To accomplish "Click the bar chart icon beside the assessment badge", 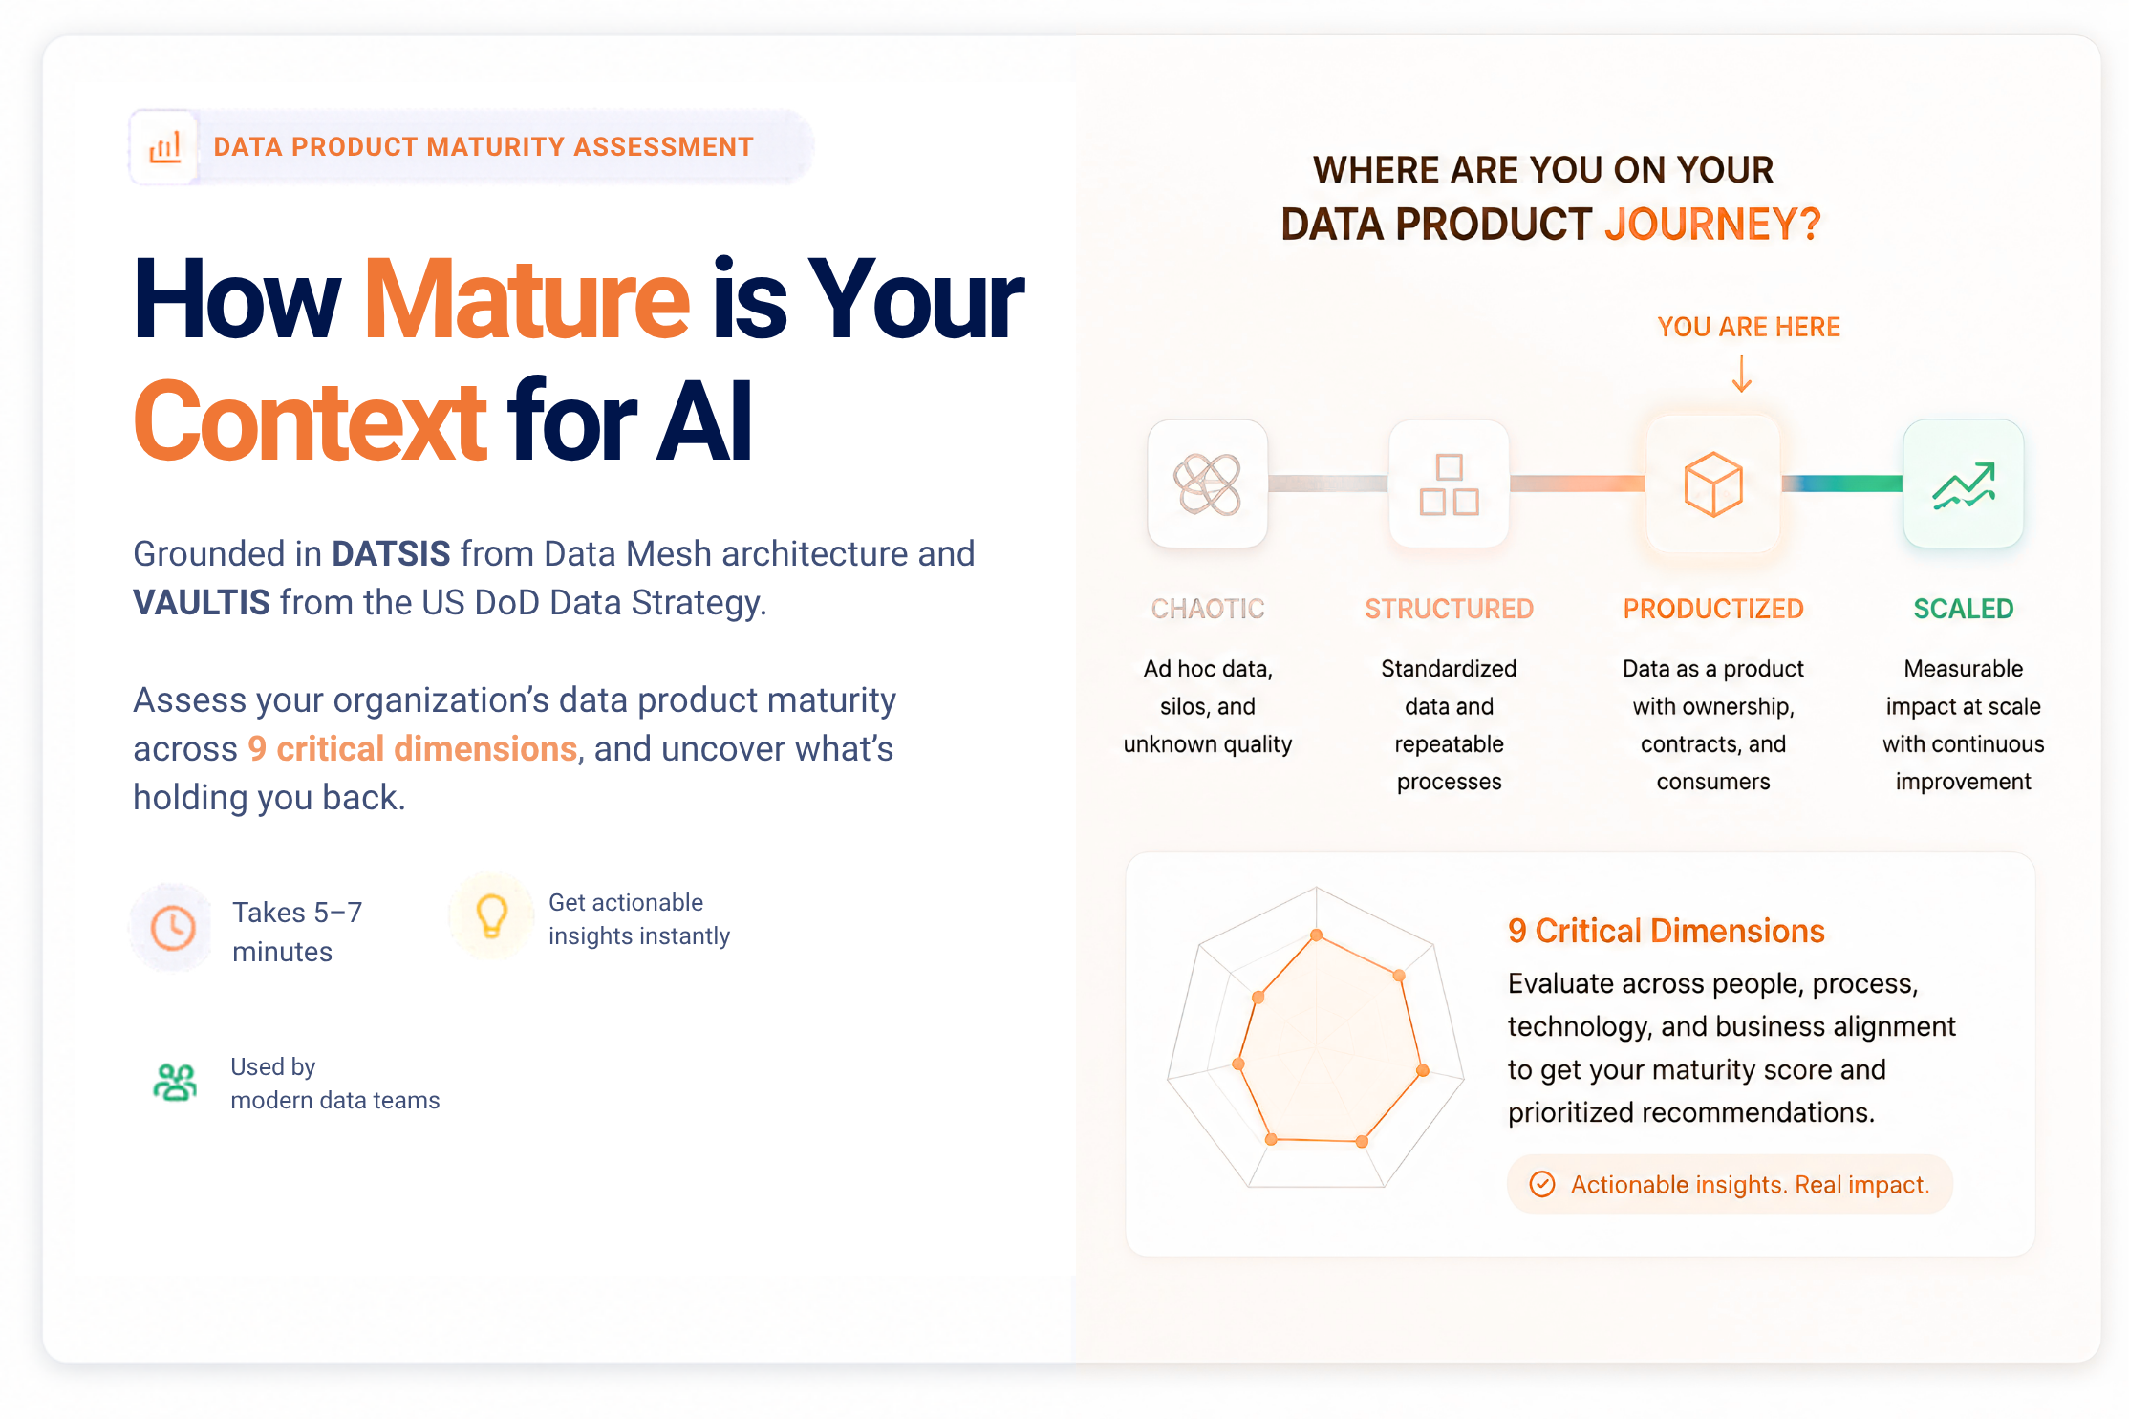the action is (x=164, y=147).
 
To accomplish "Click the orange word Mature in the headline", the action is (x=527, y=300).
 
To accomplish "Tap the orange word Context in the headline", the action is (x=310, y=421).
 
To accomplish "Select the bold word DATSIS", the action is (x=391, y=554).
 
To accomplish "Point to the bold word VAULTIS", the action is (x=202, y=603).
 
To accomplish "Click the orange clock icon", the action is (x=173, y=928).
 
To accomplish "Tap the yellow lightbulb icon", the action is (x=492, y=915).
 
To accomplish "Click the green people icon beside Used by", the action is (x=175, y=1083).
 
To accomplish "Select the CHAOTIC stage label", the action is (x=1208, y=609).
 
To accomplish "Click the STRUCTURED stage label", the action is (x=1449, y=609).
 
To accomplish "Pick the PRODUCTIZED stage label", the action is (x=1713, y=609).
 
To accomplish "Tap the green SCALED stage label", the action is (x=1964, y=609).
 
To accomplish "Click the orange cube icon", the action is (x=1713, y=484).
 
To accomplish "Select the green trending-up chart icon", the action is (x=1964, y=485).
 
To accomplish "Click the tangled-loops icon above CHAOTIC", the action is (x=1208, y=484).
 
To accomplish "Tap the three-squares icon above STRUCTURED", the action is (x=1449, y=484).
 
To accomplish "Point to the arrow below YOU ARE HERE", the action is (x=1742, y=374).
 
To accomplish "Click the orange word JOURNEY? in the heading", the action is (x=1712, y=226).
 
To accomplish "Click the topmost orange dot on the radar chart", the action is (x=1317, y=935).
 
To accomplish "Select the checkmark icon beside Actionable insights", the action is (x=1542, y=1185).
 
